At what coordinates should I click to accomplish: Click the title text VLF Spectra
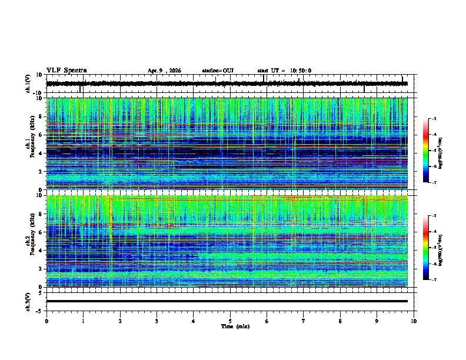[x=66, y=71]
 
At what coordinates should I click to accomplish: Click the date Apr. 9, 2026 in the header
[x=164, y=71]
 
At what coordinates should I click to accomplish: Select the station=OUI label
[x=218, y=71]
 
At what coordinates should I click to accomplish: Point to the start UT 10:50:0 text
[x=284, y=71]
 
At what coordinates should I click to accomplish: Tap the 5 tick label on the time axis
[x=230, y=321]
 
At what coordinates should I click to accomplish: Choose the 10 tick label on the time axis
[x=414, y=321]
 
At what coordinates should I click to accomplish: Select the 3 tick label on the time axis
[x=157, y=321]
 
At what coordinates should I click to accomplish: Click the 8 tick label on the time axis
[x=340, y=321]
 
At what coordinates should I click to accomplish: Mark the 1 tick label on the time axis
[x=83, y=321]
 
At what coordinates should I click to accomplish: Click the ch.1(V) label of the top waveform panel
[x=28, y=84]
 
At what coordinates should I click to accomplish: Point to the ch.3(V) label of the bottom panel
[x=28, y=301]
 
